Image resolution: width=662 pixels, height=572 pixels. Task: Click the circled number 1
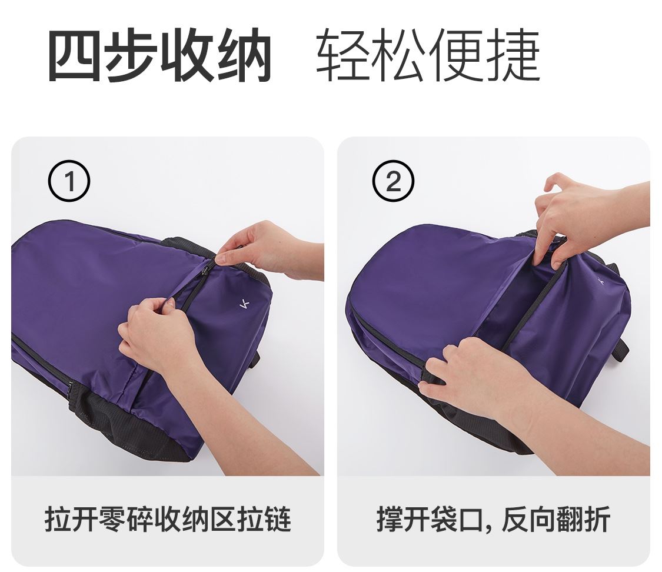point(69,181)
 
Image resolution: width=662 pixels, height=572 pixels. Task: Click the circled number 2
point(393,181)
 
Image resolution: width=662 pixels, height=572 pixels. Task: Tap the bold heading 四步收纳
point(159,55)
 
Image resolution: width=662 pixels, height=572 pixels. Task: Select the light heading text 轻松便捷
point(428,55)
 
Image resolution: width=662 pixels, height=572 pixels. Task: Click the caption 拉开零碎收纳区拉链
point(168,519)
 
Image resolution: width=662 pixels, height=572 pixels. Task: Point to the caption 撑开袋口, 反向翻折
point(494,519)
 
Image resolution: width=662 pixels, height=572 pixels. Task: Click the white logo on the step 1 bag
point(244,304)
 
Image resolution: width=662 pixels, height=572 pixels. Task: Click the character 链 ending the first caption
point(278,519)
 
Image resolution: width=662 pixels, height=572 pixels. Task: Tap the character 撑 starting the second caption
point(390,519)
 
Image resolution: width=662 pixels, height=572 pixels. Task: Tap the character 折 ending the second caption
point(597,519)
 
